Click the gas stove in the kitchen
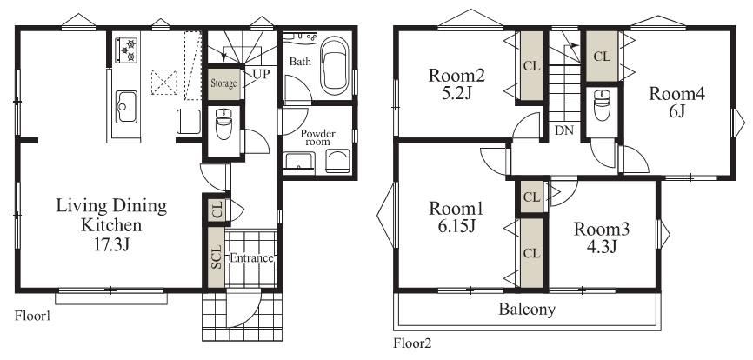(126, 50)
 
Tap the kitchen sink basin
(126, 107)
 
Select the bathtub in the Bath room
(334, 65)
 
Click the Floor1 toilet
(223, 123)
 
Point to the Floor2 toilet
(602, 105)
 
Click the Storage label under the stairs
(223, 83)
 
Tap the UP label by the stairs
(261, 74)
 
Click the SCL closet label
(217, 257)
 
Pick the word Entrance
(251, 258)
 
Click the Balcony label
(527, 309)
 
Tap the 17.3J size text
(112, 244)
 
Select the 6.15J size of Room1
(456, 226)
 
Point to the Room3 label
(601, 229)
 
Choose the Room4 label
(677, 94)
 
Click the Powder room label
(318, 137)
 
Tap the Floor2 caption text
(412, 343)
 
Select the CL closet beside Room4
(602, 57)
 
